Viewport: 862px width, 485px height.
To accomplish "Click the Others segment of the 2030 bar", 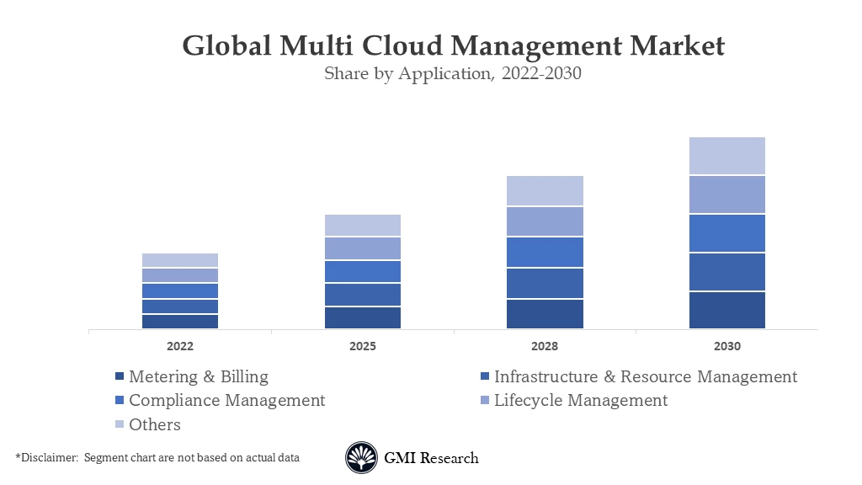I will (727, 156).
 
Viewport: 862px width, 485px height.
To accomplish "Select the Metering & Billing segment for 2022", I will (180, 321).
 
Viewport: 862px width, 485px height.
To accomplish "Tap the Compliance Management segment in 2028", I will (545, 252).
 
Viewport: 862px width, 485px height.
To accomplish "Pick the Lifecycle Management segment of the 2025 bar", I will (363, 248).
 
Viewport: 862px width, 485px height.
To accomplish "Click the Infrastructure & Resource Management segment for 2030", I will (727, 271).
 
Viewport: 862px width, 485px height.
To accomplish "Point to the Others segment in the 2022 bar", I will (180, 260).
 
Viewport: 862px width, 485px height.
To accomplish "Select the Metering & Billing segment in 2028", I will (545, 313).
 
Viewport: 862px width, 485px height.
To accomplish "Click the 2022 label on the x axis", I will (180, 346).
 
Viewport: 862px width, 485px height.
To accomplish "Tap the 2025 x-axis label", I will (363, 346).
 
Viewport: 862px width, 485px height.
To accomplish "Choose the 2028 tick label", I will (545, 346).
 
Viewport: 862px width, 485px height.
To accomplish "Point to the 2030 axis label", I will (727, 346).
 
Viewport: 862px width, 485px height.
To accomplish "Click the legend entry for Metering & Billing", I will (198, 376).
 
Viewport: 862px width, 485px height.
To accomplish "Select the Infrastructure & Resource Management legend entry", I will (645, 376).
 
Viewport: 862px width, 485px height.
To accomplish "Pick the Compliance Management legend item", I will (226, 400).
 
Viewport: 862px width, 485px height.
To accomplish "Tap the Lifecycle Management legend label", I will (580, 400).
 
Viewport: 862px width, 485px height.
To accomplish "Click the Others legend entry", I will (154, 424).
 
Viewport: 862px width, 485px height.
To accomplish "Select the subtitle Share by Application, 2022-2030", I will (453, 73).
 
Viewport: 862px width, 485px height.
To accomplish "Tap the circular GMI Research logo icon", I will (361, 458).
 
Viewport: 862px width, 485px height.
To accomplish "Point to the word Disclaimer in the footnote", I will (48, 457).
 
